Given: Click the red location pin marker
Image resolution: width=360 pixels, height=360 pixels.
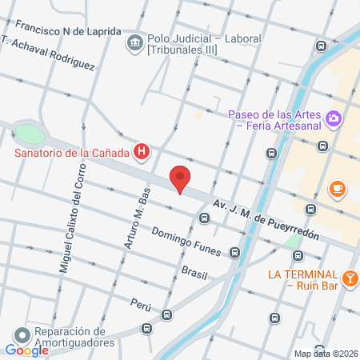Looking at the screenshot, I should coord(181,178).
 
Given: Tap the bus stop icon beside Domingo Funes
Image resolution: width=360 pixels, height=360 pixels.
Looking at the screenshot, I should coord(234,253).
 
